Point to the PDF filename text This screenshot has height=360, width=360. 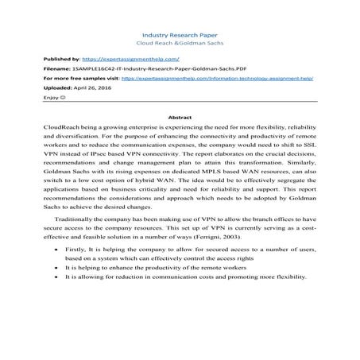(x=126, y=70)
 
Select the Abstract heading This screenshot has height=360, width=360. (x=180, y=117)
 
